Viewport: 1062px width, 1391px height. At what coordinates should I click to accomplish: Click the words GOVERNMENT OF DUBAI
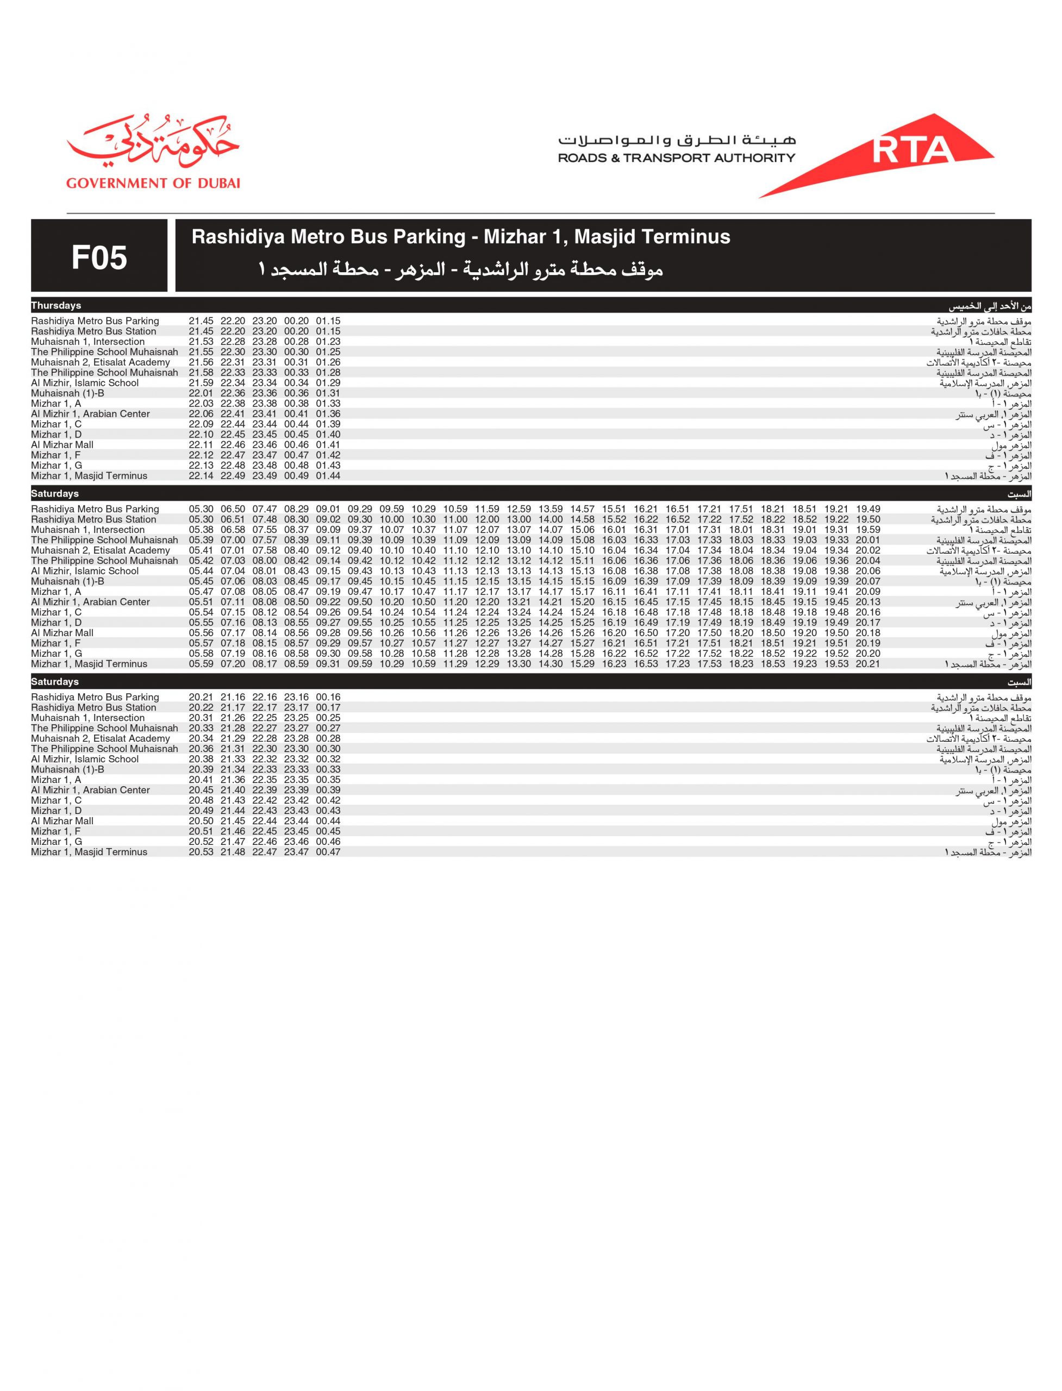pyautogui.click(x=153, y=183)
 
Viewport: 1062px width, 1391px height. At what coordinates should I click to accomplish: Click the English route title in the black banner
pyautogui.click(x=460, y=237)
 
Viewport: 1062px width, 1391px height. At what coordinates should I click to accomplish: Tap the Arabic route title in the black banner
pyautogui.click(x=460, y=271)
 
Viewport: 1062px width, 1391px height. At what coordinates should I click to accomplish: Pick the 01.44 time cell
pyautogui.click(x=328, y=476)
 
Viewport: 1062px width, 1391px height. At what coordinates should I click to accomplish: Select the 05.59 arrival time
pyautogui.click(x=201, y=664)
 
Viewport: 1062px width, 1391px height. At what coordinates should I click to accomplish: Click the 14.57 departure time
pyautogui.click(x=582, y=509)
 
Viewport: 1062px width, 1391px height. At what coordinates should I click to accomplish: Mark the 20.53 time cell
pyautogui.click(x=201, y=852)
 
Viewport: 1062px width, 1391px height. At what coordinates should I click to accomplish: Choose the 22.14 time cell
pyautogui.click(x=201, y=476)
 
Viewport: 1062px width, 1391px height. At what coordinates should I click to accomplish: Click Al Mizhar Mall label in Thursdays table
pyautogui.click(x=62, y=445)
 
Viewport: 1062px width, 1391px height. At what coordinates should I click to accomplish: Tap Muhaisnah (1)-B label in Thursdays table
pyautogui.click(x=67, y=393)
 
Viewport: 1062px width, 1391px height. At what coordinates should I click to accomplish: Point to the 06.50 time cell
pyautogui.click(x=233, y=509)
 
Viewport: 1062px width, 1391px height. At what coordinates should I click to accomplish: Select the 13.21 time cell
pyautogui.click(x=519, y=602)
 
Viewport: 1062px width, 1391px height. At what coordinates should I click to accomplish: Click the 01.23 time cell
pyautogui.click(x=328, y=342)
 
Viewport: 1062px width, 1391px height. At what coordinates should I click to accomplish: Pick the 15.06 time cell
pyautogui.click(x=582, y=530)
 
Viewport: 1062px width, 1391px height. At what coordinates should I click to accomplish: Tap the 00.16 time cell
pyautogui.click(x=328, y=697)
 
